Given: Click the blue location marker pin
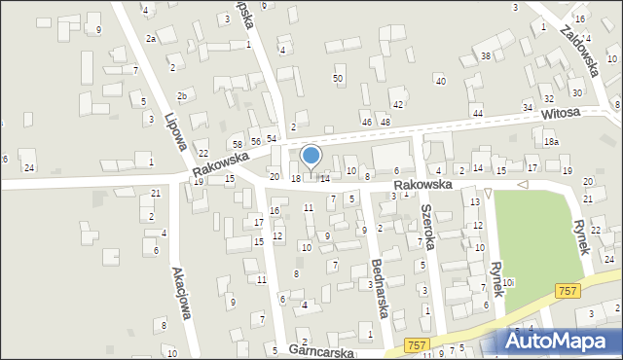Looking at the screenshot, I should click(311, 157).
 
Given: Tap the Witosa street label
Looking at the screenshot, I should click(561, 114).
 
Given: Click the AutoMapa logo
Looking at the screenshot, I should click(561, 342).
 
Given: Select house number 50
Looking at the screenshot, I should click(338, 78).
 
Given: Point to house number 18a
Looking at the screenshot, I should click(552, 142).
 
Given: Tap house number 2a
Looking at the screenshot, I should click(151, 38).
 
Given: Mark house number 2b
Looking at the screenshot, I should click(182, 95).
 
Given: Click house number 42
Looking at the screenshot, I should click(397, 104).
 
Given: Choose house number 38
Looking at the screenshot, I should click(486, 56).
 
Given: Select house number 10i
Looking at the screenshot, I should click(508, 282).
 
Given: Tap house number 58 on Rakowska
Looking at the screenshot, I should click(237, 144).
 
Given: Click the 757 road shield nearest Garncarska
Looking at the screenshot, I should click(417, 345).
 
